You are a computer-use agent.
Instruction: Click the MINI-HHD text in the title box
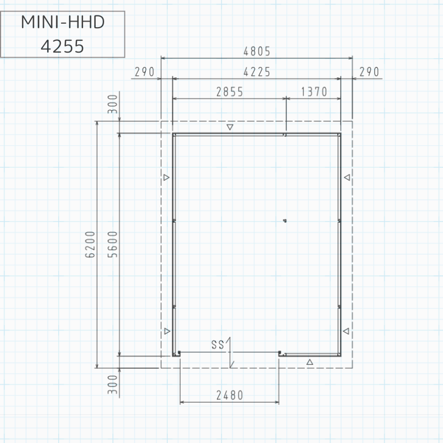coord(63,22)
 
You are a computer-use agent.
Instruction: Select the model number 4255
coord(63,47)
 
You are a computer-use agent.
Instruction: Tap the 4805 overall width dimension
coord(257,51)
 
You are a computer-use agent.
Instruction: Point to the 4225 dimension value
coord(257,72)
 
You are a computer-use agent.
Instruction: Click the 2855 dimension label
coord(230,92)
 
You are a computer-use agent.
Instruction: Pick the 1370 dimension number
coord(314,92)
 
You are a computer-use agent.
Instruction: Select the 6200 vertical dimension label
coord(90,244)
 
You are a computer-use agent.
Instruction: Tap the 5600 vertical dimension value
coord(113,244)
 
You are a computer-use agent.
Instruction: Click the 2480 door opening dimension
coord(230,395)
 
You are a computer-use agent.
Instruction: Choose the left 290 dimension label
coord(145,72)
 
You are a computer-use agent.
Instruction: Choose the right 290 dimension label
coord(369,72)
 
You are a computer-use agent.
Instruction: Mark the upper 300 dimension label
coord(113,104)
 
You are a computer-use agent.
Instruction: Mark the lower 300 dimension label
coord(113,384)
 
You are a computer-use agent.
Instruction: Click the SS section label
coord(218,344)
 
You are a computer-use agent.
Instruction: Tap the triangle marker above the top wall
coord(230,127)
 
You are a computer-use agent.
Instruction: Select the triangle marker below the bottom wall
coord(310,362)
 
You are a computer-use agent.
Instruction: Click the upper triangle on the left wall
coord(167,177)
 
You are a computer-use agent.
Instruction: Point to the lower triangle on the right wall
coord(346,331)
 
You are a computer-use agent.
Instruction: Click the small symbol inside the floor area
coord(285,221)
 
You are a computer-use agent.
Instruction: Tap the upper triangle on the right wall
coord(347,177)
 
